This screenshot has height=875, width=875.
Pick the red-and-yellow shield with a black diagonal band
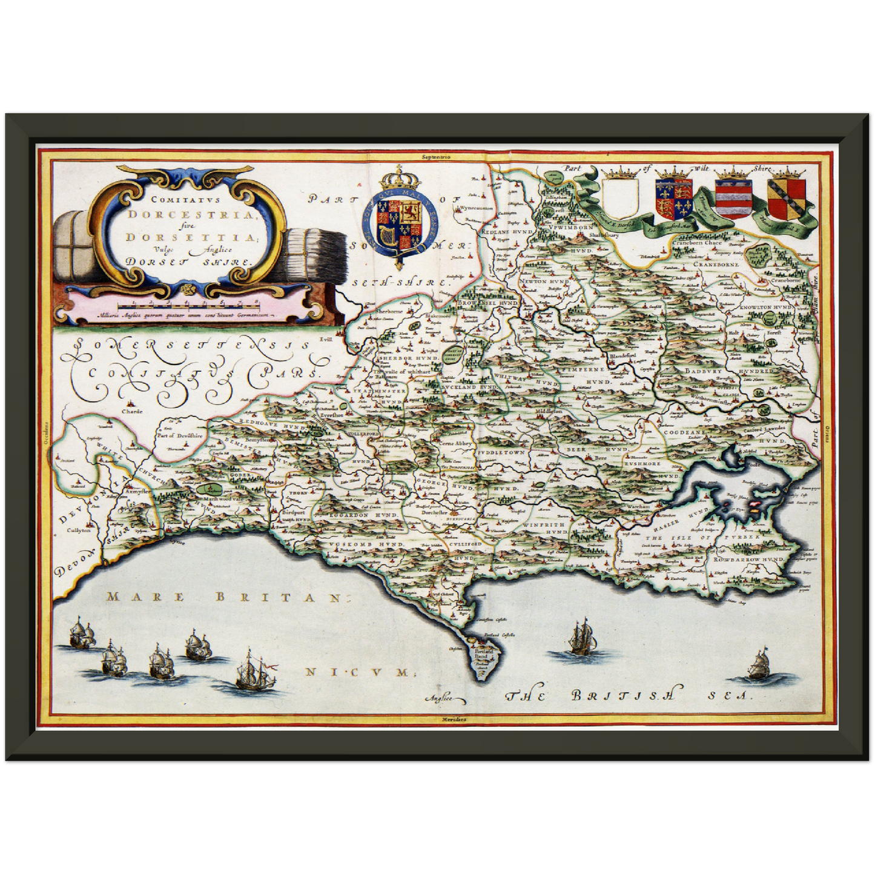tap(786, 198)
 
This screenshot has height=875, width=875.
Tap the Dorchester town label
tap(434, 510)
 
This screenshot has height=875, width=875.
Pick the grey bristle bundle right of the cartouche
tap(315, 253)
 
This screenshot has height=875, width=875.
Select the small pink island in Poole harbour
tap(756, 503)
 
